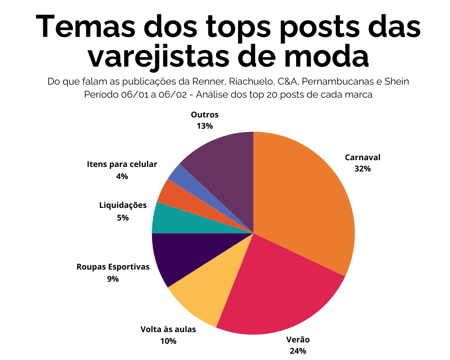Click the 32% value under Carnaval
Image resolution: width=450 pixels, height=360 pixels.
[x=362, y=169]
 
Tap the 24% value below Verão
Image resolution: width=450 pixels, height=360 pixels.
[x=298, y=351]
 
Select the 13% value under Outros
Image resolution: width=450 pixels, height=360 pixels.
[x=204, y=126]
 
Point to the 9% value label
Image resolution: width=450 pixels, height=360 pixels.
[x=112, y=279]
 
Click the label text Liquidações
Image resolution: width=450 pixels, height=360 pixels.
[x=123, y=206]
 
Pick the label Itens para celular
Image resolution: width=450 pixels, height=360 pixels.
[x=122, y=164]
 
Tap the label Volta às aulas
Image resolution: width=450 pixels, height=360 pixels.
[x=168, y=329]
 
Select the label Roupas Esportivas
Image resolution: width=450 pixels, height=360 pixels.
[x=113, y=267]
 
